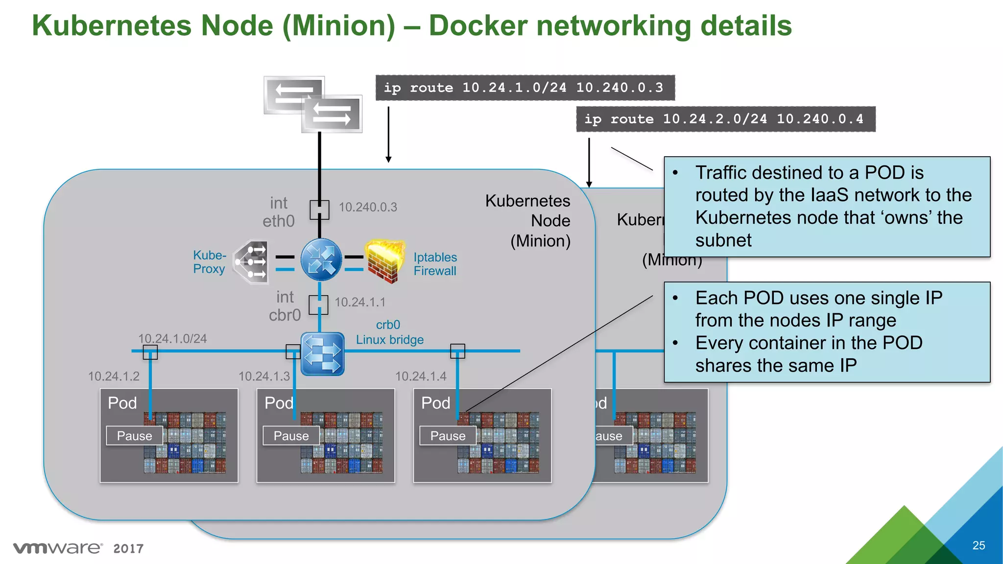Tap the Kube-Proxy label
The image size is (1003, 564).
(209, 262)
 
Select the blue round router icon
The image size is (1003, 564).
(321, 259)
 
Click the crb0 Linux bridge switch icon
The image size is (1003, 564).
(322, 353)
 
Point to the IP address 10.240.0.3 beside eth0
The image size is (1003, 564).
(368, 207)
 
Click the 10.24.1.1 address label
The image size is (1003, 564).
(360, 302)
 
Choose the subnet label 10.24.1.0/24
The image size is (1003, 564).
(172, 338)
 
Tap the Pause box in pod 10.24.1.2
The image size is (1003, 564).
(134, 436)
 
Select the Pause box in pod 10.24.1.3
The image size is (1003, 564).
(291, 436)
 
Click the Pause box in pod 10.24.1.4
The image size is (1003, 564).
(448, 436)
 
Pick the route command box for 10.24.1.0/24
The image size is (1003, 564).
(525, 88)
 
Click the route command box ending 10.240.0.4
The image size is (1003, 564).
(725, 119)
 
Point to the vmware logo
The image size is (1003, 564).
(58, 548)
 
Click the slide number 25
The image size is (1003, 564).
(979, 545)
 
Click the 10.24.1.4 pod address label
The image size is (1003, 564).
(421, 376)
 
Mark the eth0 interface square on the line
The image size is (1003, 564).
(319, 210)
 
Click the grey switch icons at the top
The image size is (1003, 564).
(313, 104)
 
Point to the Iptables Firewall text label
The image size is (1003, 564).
(435, 264)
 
